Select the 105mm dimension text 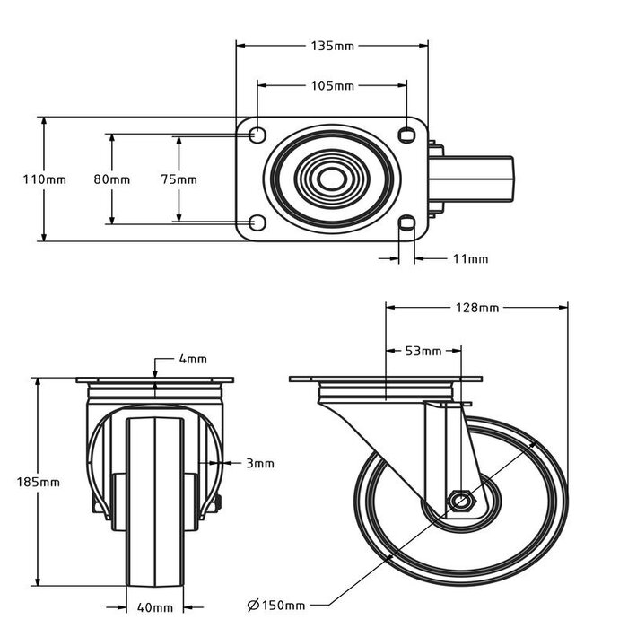pos(333,86)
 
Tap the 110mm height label pos(44,179)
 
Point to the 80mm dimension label pos(112,179)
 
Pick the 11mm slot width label pos(470,259)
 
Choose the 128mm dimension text pos(476,308)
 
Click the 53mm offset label pos(424,351)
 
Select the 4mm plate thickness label pos(193,360)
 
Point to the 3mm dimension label pos(259,464)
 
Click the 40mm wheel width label pos(156,608)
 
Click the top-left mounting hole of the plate pos(256,135)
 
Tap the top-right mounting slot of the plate pos(407,135)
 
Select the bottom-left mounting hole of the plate pos(256,222)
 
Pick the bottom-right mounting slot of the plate pos(407,222)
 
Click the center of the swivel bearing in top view pos(332,179)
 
